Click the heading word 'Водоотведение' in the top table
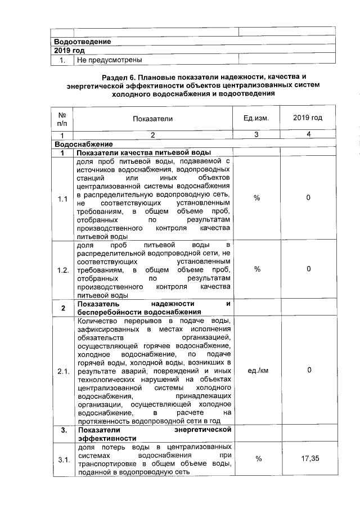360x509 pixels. coord(82,42)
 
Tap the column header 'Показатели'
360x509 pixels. coord(153,119)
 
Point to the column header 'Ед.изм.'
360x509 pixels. coord(256,118)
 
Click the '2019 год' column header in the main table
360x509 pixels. coord(308,118)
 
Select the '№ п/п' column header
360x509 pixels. coord(62,119)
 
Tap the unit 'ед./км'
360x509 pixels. coord(257,371)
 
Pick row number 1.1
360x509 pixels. coord(62,198)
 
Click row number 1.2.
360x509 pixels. coord(62,269)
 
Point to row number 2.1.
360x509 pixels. coord(62,371)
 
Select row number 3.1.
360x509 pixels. coord(62,460)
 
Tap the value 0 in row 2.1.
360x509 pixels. coord(309,371)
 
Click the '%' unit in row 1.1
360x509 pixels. coord(257,198)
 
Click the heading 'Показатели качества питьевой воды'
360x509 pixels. coord(143,152)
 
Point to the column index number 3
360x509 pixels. coord(256,135)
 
